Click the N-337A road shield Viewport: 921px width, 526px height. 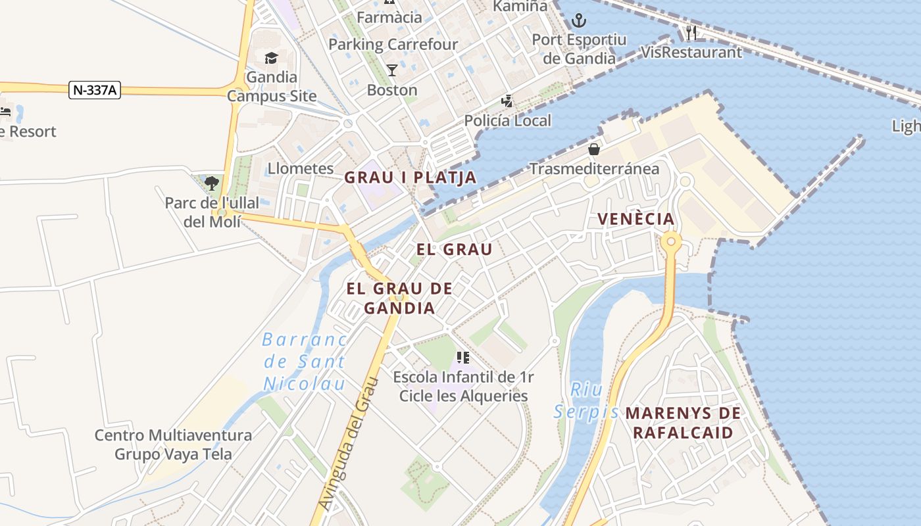pos(95,90)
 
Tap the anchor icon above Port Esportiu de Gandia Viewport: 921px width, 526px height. pos(578,20)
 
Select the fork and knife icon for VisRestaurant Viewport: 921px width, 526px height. pos(691,32)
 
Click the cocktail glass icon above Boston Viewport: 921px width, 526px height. pos(392,70)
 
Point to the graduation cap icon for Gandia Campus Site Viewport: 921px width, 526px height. pos(272,59)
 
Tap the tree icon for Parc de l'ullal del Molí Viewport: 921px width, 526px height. pos(211,183)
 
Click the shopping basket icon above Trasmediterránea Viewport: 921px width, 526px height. pos(594,149)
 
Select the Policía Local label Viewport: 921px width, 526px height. pos(508,121)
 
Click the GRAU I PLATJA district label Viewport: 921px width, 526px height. pos(411,178)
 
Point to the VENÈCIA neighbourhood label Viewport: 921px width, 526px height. pos(636,219)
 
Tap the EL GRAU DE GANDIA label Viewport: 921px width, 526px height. pos(399,298)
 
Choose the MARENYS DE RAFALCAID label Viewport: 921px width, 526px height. pos(683,423)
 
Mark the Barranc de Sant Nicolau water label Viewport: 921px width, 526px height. pos(305,362)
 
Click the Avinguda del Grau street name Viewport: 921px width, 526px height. pos(349,444)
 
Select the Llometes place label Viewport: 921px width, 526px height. pos(301,168)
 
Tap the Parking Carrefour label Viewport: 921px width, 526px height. pos(393,45)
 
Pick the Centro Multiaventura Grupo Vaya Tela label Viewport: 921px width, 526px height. pos(173,444)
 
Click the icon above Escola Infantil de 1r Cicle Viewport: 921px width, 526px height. pos(463,358)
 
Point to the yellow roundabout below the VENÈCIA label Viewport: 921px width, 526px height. pos(671,241)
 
